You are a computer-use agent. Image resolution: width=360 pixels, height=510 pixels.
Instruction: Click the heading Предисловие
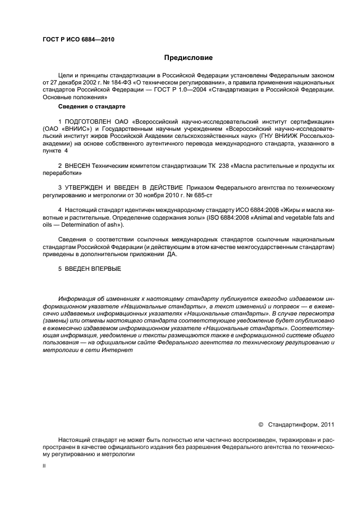[188, 58]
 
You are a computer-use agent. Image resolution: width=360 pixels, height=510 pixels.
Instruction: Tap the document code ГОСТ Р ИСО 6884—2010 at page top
[78, 39]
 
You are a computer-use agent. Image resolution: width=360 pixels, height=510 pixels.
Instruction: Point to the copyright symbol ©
[260, 424]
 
